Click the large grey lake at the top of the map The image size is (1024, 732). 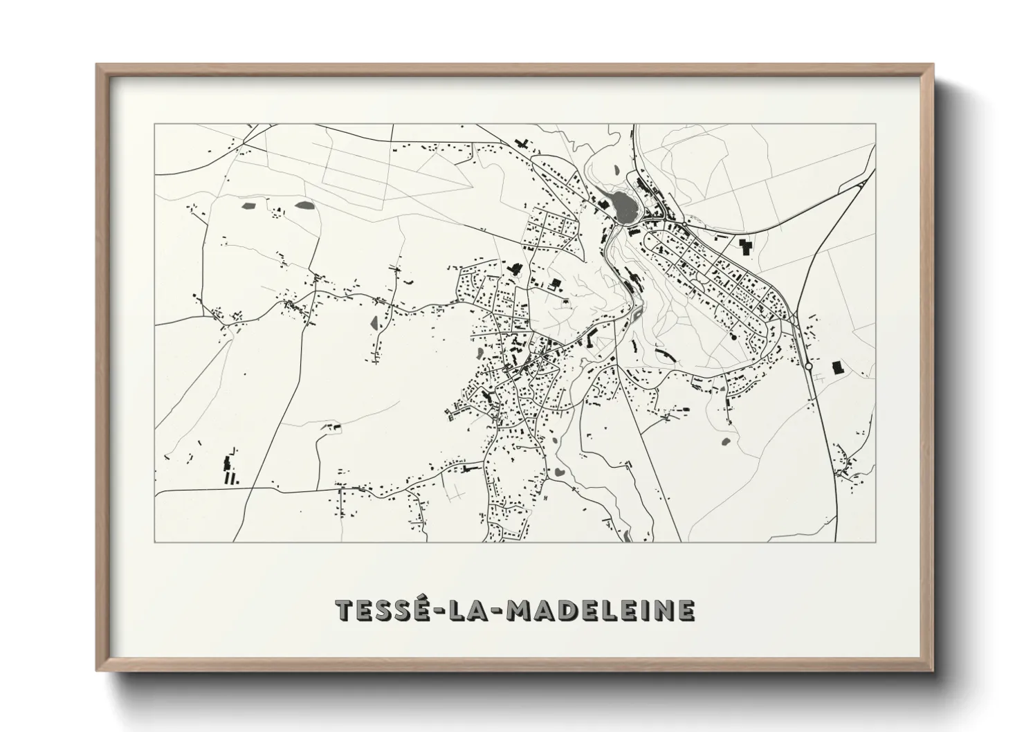[621, 205]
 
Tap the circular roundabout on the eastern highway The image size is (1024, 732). [808, 367]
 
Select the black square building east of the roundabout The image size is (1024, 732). [838, 367]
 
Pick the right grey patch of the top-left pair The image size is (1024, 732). [303, 205]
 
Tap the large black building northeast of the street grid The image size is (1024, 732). [745, 246]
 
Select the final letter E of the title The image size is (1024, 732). [684, 610]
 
